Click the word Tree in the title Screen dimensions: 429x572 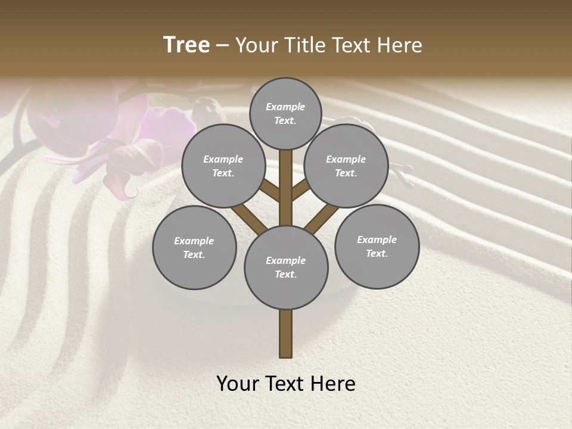click(x=186, y=45)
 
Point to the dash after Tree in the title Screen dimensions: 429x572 click(x=222, y=46)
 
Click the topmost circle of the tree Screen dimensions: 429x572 click(x=285, y=113)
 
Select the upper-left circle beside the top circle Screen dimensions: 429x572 click(x=223, y=166)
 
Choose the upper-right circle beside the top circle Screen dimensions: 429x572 click(x=346, y=166)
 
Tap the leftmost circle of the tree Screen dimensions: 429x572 click(x=194, y=247)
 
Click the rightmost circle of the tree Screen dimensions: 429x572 click(x=377, y=246)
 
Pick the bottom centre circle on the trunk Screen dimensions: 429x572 click(x=286, y=267)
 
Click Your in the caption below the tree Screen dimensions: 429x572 click(x=238, y=384)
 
